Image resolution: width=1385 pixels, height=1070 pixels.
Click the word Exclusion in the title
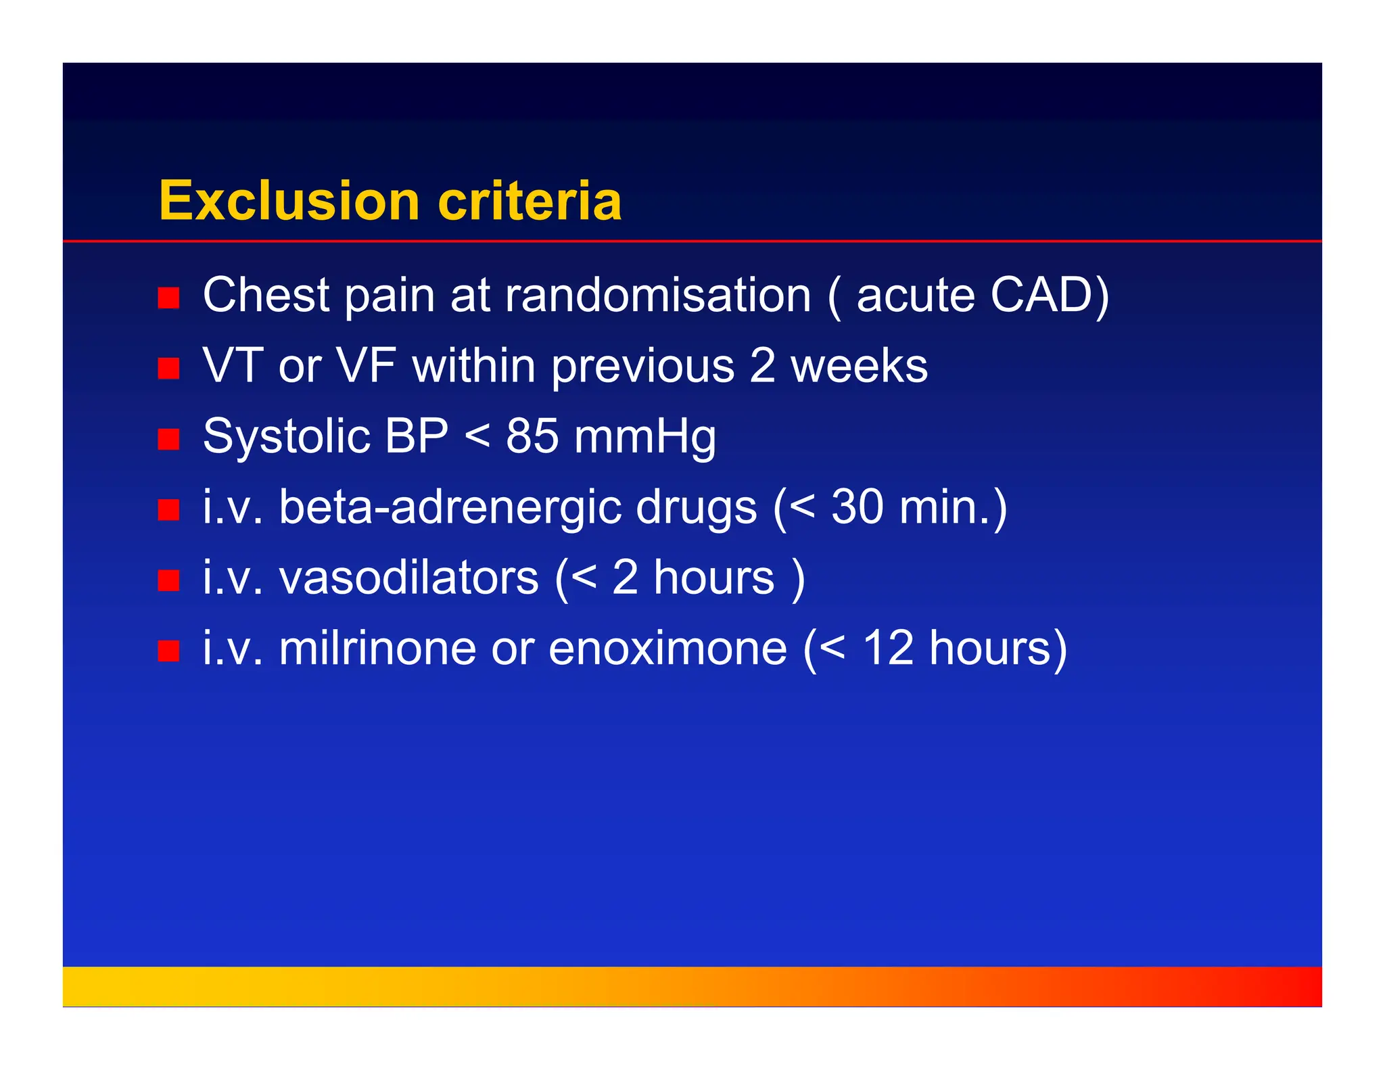[289, 201]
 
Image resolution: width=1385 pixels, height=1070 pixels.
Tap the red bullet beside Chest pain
[168, 298]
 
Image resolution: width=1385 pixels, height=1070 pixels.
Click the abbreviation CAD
[1041, 296]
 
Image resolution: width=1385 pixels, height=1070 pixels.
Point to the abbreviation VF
[366, 366]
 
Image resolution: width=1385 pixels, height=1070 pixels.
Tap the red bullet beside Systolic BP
[168, 439]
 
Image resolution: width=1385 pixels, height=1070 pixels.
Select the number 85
[532, 436]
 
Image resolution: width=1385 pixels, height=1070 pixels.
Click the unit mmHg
[644, 438]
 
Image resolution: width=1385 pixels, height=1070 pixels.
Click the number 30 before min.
[857, 507]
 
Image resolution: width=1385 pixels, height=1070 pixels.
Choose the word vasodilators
[408, 578]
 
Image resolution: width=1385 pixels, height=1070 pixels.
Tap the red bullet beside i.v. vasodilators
[168, 580]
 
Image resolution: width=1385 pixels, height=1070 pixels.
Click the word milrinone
[377, 648]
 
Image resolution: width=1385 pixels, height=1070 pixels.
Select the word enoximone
[667, 648]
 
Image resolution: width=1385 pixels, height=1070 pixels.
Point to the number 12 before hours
[888, 648]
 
